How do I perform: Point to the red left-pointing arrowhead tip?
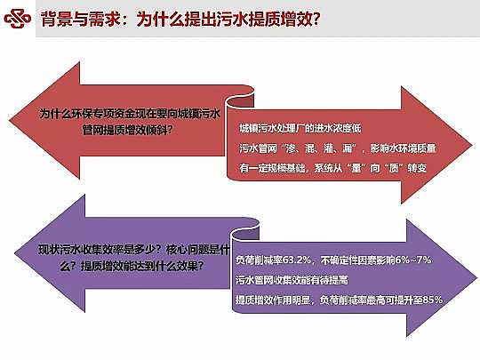20,118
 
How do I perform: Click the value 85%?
429,298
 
